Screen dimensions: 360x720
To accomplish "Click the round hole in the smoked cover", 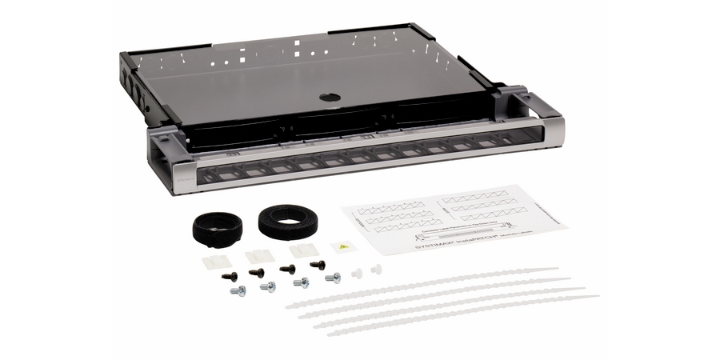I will pos(330,97).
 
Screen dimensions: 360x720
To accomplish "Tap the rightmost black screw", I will pos(318,265).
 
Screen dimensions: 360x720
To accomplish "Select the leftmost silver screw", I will pos(238,290).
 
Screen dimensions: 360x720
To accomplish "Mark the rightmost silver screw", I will pos(332,278).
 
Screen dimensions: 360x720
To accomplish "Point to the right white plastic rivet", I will pos(377,269).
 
